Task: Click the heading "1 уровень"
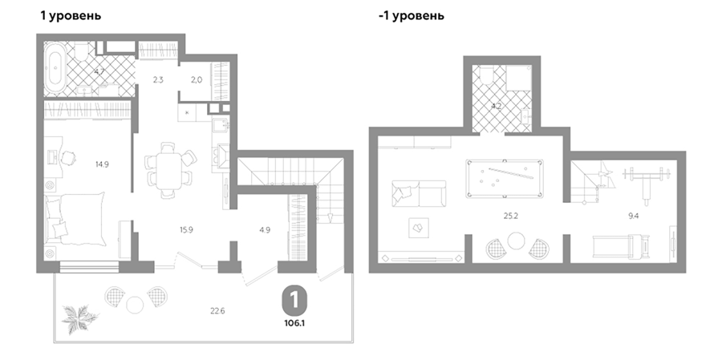(71, 16)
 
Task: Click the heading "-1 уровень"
(412, 16)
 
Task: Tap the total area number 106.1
(294, 322)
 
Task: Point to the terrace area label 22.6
(217, 311)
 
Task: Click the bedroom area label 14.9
(102, 164)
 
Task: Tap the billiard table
(505, 179)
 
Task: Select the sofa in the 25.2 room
(419, 193)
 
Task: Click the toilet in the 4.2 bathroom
(487, 75)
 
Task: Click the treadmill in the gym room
(622, 247)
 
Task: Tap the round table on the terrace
(136, 305)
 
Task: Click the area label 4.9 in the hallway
(265, 230)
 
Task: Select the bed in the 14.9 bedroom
(75, 219)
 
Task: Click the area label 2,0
(197, 79)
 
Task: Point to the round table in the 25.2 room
(516, 241)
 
